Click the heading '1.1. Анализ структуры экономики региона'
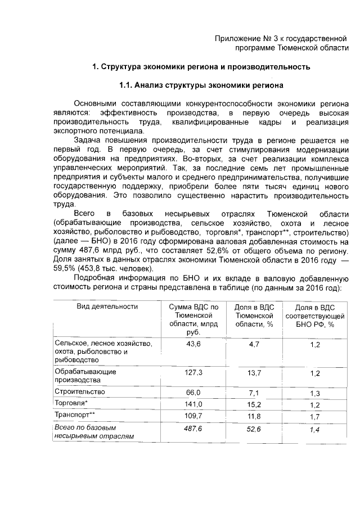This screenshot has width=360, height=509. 201,85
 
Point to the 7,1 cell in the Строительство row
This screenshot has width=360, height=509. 253,392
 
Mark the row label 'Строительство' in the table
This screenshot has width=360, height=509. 79,391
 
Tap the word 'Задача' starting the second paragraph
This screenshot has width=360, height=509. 89,140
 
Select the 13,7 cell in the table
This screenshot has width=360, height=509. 253,372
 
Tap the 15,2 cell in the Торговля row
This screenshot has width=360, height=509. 253,404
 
